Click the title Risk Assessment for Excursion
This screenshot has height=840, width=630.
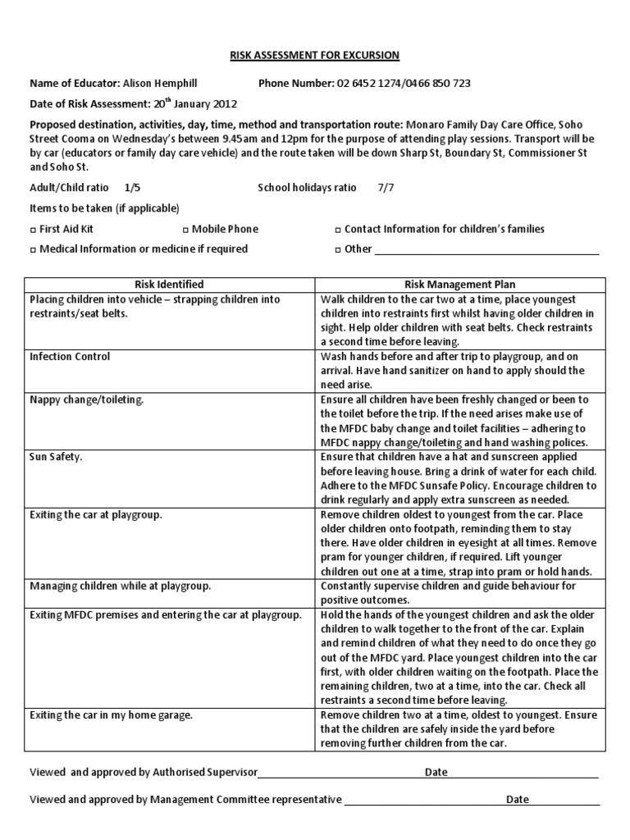(x=314, y=55)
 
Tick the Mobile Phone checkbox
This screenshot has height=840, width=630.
(x=185, y=230)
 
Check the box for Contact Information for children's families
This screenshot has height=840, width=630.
(x=339, y=230)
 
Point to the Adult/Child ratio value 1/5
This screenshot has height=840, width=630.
(x=132, y=188)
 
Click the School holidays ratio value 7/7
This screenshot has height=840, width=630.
(x=386, y=188)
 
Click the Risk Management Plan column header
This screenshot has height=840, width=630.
(x=459, y=285)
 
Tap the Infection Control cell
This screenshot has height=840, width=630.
(x=70, y=357)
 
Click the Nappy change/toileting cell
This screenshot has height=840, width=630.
(x=86, y=399)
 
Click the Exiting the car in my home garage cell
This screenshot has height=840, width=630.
(x=111, y=715)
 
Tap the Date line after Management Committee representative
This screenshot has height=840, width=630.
(x=565, y=801)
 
